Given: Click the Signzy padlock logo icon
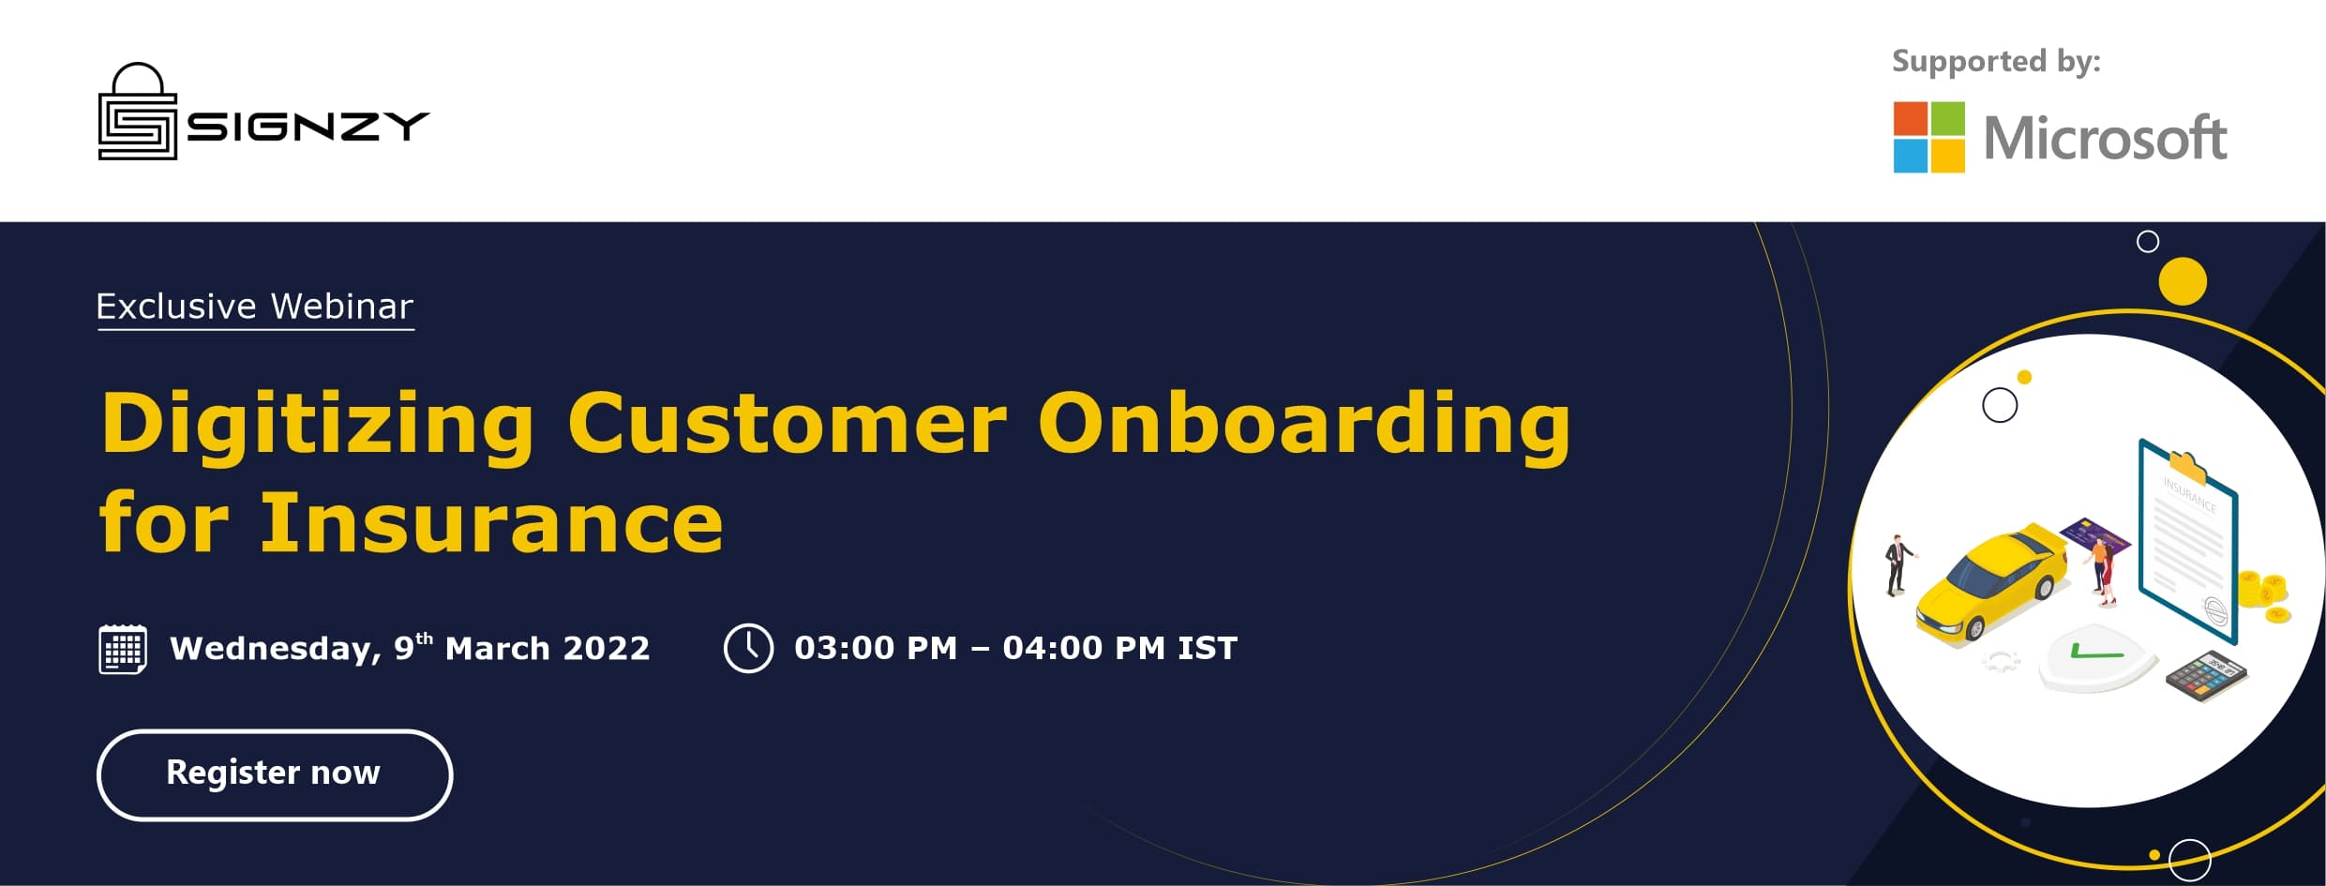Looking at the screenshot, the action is coord(138,112).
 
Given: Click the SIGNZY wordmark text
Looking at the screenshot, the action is coord(308,126).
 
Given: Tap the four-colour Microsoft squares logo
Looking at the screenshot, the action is coord(1928,137).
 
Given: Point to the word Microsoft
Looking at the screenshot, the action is coord(2105,139).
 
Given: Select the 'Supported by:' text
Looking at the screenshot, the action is coord(1996,61).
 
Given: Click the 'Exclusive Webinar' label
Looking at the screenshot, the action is coord(255,307).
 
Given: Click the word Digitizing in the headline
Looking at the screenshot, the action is coord(318,425).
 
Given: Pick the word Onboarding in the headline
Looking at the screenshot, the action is coord(1304,425).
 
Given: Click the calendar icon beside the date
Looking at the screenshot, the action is coord(123,649).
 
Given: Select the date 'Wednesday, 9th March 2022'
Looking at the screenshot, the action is coord(410,648).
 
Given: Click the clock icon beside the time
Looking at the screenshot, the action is coord(748,648).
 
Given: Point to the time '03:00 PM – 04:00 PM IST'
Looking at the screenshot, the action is coord(1015,648).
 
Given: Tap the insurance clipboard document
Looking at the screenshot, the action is coord(2188,540).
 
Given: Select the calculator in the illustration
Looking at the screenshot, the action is coord(2207,676).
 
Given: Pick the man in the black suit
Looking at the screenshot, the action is coord(1897,564).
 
